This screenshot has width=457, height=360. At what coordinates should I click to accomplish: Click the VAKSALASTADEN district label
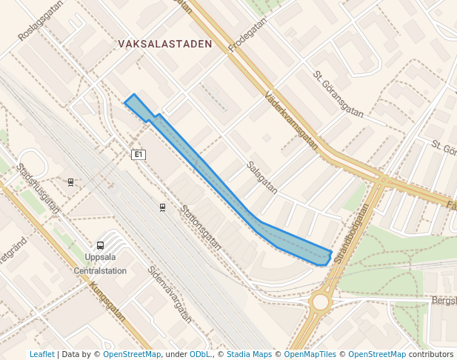tap(164, 44)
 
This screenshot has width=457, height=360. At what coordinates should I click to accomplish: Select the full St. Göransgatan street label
tap(338, 94)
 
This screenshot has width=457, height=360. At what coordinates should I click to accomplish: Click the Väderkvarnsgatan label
tap(291, 120)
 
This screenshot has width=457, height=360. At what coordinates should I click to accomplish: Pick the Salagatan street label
tap(262, 178)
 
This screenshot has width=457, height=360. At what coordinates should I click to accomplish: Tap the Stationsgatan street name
tap(201, 227)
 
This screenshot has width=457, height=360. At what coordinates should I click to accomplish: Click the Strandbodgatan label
tap(351, 235)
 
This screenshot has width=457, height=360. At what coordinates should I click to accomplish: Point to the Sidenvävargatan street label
tap(170, 295)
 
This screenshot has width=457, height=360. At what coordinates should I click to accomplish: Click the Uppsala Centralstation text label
tap(100, 264)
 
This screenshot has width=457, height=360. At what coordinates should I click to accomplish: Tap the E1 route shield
tap(139, 155)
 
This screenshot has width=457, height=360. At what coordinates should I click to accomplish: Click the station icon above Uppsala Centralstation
tap(101, 245)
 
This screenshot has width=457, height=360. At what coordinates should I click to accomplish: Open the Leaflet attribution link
tap(41, 355)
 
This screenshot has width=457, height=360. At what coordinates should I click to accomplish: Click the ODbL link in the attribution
tap(200, 355)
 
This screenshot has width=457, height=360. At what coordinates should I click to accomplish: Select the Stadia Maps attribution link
tap(249, 355)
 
